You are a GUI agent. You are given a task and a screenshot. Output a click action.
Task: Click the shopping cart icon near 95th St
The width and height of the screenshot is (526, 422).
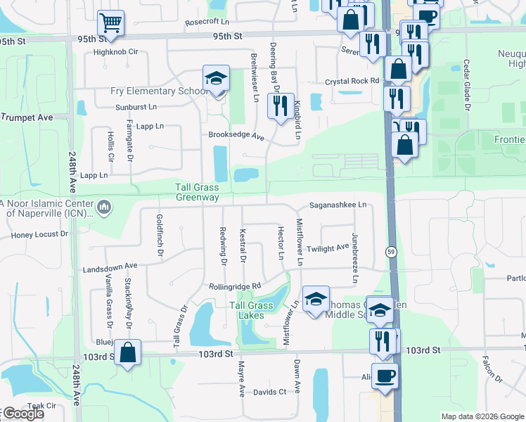coord(110,23)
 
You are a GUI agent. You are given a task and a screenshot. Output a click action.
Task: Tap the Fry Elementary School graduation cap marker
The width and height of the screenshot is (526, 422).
coord(217,77)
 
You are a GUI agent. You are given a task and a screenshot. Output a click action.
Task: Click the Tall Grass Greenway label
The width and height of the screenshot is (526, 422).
coord(198,193)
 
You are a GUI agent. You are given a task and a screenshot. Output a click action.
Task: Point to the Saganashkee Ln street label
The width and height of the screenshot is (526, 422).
coord(338,205)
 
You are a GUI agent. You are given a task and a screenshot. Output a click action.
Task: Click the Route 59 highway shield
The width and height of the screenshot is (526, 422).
coord(390,252)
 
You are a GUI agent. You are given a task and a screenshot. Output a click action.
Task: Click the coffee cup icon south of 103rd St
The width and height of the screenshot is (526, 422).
coord(385,376)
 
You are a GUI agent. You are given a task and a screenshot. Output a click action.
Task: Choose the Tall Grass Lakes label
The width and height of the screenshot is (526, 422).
coord(251,310)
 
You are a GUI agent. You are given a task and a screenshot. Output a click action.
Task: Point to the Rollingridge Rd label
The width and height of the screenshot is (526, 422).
coord(235,286)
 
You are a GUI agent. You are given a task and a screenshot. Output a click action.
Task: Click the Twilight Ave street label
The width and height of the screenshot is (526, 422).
coord(328,248)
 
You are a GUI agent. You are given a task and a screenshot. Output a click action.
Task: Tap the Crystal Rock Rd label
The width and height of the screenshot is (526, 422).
coord(352,82)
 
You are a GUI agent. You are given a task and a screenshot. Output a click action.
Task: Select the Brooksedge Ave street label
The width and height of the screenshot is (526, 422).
coord(236,136)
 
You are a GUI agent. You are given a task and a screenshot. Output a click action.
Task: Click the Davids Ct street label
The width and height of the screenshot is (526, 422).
coord(270,392)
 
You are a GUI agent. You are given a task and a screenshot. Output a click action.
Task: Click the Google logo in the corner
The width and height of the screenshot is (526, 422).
coord(23,414)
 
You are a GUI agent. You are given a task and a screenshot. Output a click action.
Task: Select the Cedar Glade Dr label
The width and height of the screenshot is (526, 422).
coord(465,84)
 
